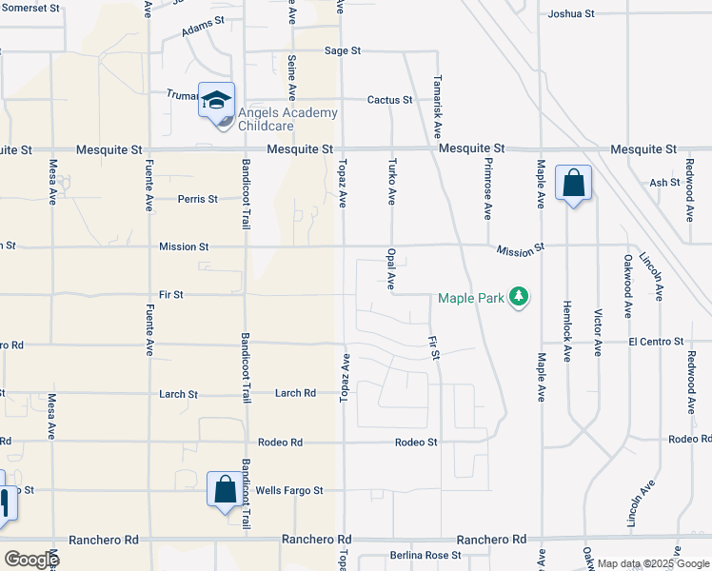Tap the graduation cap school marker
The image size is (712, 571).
(x=216, y=100)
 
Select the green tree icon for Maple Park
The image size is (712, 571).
(x=519, y=298)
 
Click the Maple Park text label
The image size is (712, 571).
(x=469, y=298)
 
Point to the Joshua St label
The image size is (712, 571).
(x=571, y=14)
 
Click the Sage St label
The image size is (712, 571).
(x=343, y=50)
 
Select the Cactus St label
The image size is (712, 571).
(x=390, y=100)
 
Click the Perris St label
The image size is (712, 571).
(x=198, y=199)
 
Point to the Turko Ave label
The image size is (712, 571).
(x=391, y=183)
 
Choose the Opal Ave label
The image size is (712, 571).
(x=390, y=270)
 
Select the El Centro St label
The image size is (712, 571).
(x=656, y=341)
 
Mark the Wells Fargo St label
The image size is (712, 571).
(x=289, y=491)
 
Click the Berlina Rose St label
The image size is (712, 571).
(x=425, y=555)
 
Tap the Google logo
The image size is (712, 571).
(x=30, y=560)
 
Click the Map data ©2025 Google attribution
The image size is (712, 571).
(x=652, y=563)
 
